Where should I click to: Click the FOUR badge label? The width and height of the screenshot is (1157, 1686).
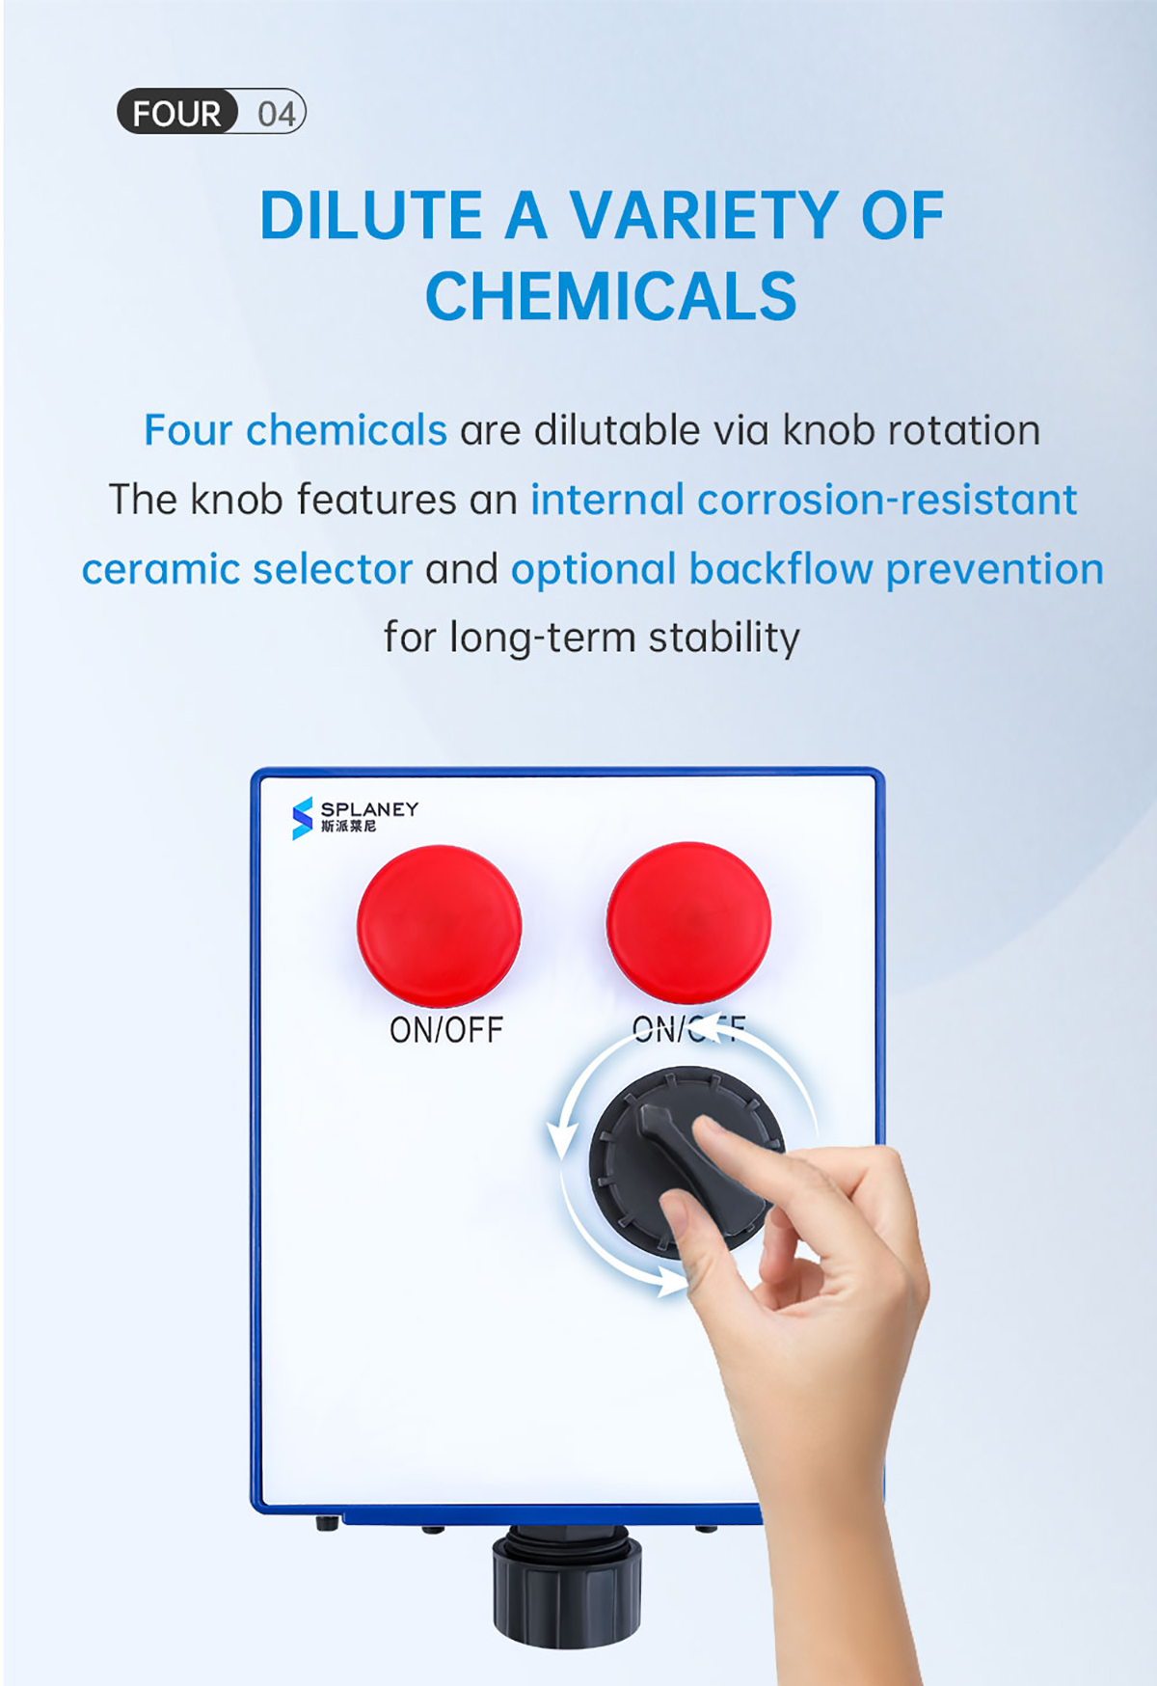pyautogui.click(x=177, y=113)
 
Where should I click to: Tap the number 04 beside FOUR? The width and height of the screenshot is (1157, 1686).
pyautogui.click(x=276, y=114)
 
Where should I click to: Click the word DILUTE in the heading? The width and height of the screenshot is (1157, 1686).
pyautogui.click(x=370, y=215)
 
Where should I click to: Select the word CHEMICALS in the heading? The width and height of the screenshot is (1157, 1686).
pyautogui.click(x=611, y=295)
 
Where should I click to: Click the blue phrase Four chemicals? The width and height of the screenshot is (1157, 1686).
pyautogui.click(x=295, y=430)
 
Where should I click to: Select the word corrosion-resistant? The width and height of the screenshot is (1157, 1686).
pyautogui.click(x=887, y=500)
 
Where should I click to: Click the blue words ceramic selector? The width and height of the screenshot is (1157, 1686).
pyautogui.click(x=247, y=569)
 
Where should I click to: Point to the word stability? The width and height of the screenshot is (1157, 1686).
pyautogui.click(x=724, y=639)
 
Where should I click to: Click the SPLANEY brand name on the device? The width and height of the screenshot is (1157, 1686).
pyautogui.click(x=370, y=809)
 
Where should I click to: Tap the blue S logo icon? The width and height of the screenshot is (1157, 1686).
pyautogui.click(x=303, y=818)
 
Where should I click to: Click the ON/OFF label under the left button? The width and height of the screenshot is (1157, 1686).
pyautogui.click(x=446, y=1030)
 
